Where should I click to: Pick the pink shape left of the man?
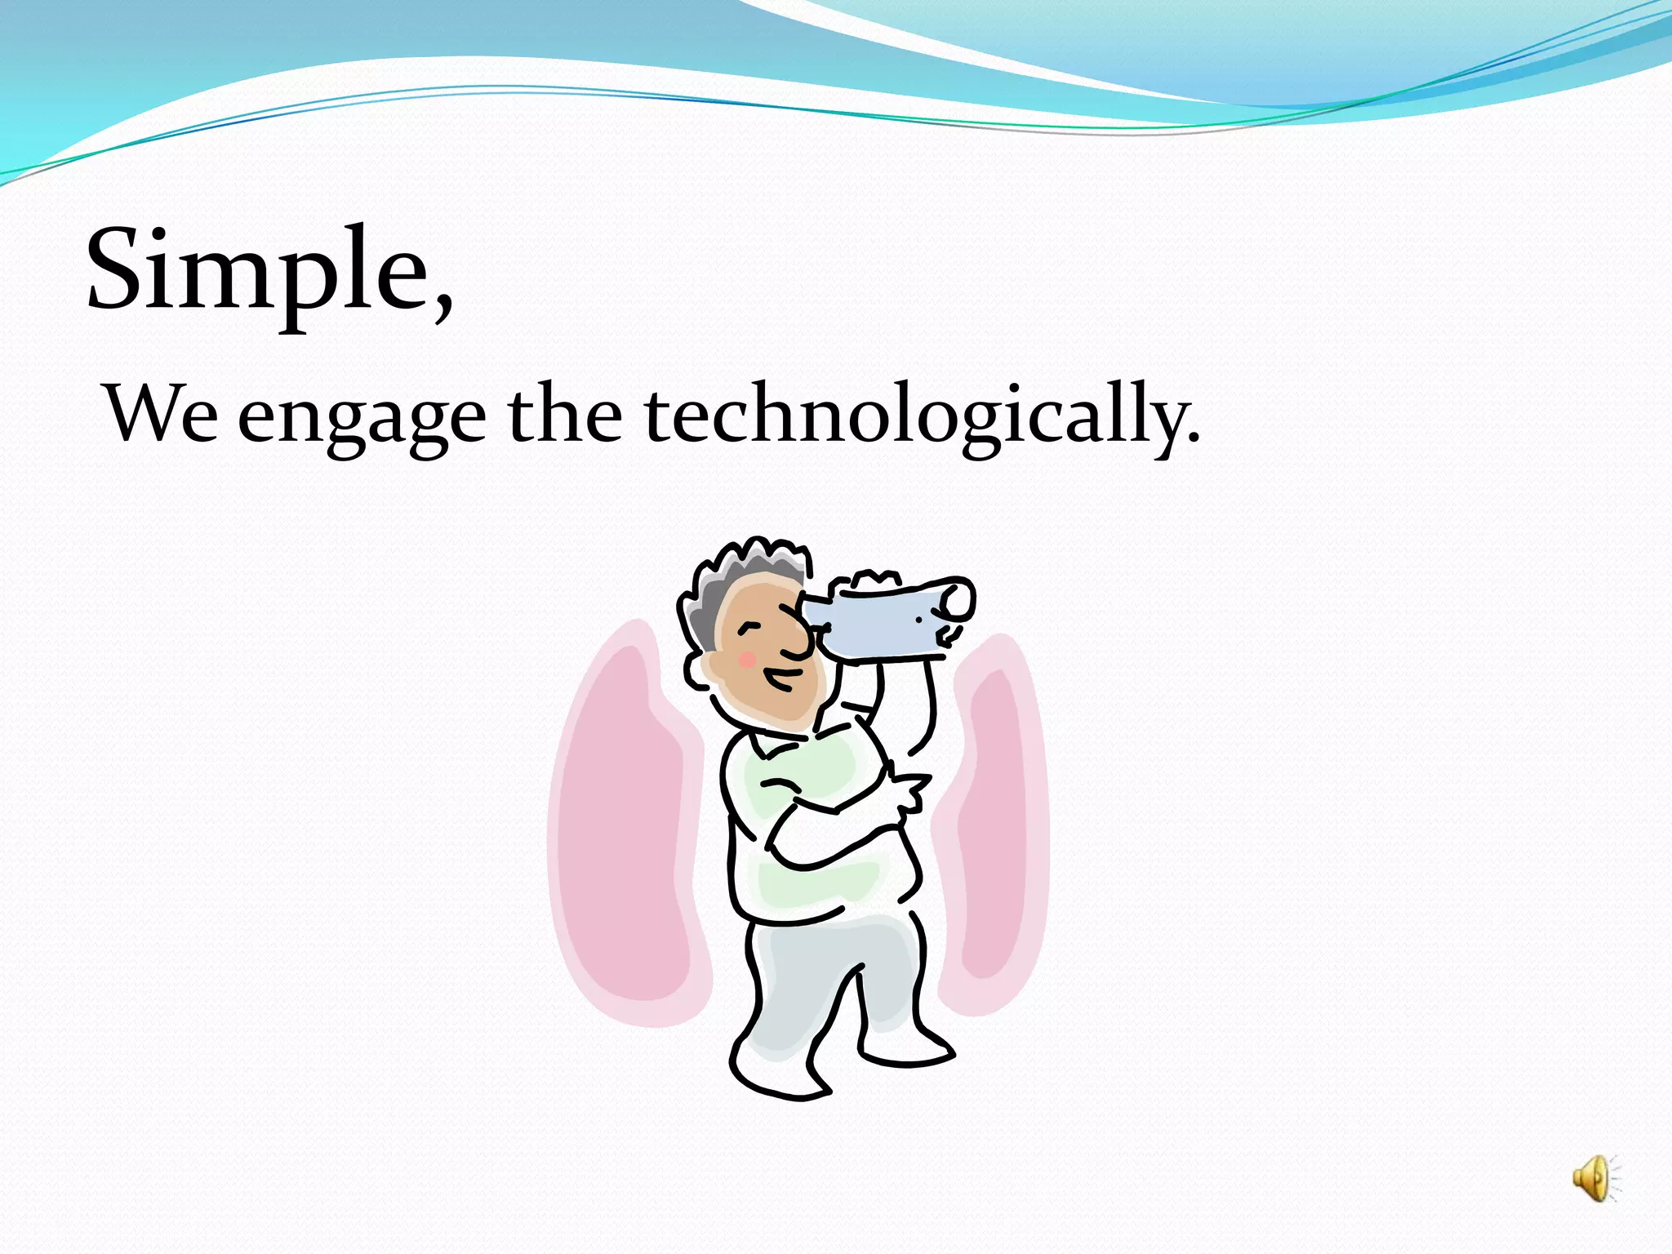click(625, 825)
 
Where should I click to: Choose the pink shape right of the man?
click(992, 825)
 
